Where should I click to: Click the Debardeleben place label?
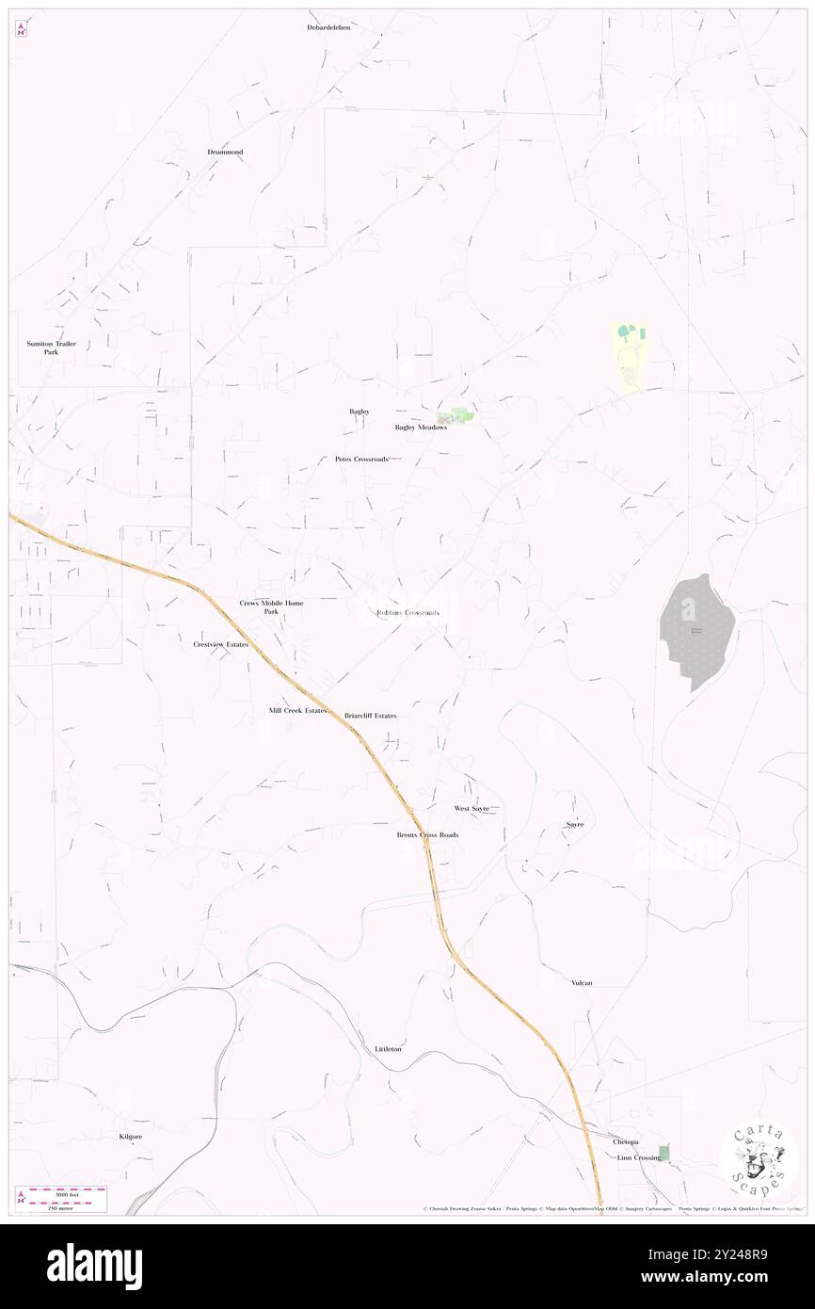[328, 28]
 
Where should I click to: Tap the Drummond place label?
[225, 153]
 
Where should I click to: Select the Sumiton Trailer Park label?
[51, 348]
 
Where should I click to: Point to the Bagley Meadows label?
[420, 428]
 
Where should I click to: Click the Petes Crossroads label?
[361, 460]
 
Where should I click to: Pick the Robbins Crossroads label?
[407, 613]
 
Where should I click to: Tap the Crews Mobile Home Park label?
[271, 607]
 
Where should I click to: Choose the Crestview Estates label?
[220, 645]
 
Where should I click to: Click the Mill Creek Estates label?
[297, 711]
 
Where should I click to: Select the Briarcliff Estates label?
[371, 716]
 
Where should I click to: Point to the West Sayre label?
[472, 809]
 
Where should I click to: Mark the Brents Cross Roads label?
[427, 835]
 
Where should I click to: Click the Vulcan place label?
[582, 983]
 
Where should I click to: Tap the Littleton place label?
[389, 1049]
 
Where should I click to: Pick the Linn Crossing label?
[639, 1157]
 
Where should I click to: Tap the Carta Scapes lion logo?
[759, 1159]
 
